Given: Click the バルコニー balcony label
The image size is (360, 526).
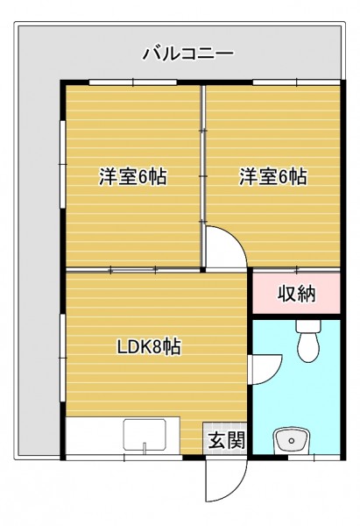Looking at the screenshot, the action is click(188, 53).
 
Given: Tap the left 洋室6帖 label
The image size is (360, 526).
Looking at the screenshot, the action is click(133, 176).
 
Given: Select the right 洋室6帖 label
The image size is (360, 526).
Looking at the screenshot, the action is click(273, 176).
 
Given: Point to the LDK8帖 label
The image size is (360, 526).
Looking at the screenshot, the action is click(149, 347).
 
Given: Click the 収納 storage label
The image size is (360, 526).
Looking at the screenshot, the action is click(296, 294).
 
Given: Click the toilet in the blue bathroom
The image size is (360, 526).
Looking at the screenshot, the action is click(308, 341).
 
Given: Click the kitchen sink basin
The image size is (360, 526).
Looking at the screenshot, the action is click(145, 435).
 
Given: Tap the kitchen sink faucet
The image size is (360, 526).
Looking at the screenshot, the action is click(145, 447).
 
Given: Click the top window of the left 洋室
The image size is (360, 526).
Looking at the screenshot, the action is click(133, 82).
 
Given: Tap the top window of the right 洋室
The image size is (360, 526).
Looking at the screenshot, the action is click(297, 82).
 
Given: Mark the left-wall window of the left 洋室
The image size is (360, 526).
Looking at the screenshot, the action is click(63, 165).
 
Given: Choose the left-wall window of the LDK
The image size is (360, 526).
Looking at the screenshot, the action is click(63, 358).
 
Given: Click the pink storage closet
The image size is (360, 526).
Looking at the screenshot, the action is click(296, 293).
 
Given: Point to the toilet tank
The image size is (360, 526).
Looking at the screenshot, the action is click(308, 325).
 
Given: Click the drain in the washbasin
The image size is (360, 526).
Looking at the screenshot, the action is click(292, 440).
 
